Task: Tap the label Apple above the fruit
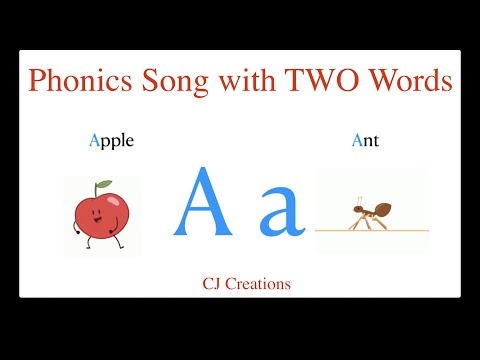111,141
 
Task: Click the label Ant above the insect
365,141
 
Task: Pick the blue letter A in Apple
95,140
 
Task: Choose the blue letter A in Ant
357,140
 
